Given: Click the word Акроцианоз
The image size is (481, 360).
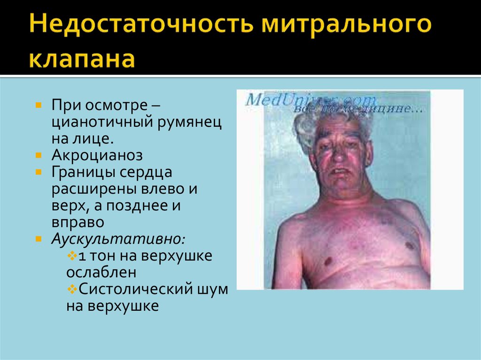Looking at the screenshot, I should click(97, 155).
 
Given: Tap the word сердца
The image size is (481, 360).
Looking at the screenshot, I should click(147, 172).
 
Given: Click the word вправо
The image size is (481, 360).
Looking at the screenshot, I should click(78, 222).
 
